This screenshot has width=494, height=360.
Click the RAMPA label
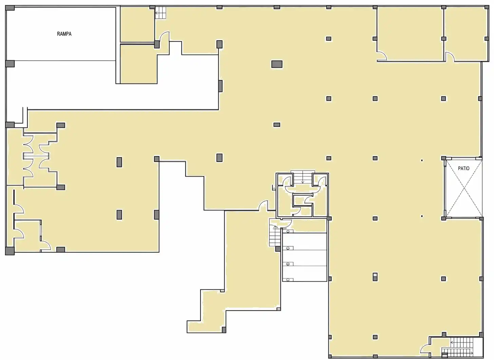(x=64, y=34)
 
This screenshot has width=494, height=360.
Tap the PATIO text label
(x=464, y=168)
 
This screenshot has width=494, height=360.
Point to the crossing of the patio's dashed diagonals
(x=464, y=188)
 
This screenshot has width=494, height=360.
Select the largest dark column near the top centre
(x=277, y=64)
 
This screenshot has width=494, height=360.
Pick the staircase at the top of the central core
(x=303, y=177)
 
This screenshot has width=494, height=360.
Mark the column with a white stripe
(x=375, y=277)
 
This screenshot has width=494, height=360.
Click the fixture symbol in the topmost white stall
(x=288, y=231)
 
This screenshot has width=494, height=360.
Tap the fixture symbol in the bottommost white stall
(x=288, y=280)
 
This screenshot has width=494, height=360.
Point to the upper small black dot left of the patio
(x=422, y=160)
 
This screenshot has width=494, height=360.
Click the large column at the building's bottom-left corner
(x=10, y=251)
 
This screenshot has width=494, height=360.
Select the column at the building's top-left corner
(x=10, y=8)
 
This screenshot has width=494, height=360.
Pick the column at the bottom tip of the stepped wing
(x=224, y=330)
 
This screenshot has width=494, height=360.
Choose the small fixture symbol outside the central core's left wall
(x=273, y=187)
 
